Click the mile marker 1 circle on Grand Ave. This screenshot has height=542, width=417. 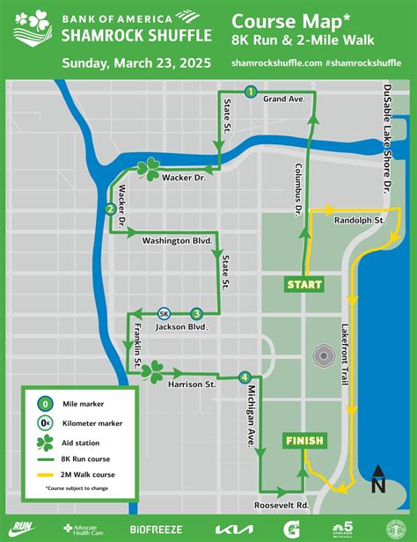pos(251,92)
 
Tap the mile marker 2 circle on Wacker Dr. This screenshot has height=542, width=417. pos(109,209)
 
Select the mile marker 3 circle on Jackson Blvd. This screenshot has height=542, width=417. pos(196,313)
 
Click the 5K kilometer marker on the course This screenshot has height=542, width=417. pos(164,313)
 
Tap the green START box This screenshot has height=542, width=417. pos(303,284)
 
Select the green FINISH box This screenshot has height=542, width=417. pos(304,440)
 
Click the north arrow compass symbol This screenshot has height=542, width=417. pos(378,480)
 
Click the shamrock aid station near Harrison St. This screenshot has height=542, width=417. pos(151,370)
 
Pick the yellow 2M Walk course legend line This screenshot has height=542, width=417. pos(44,474)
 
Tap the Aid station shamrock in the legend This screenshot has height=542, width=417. pos(44,442)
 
